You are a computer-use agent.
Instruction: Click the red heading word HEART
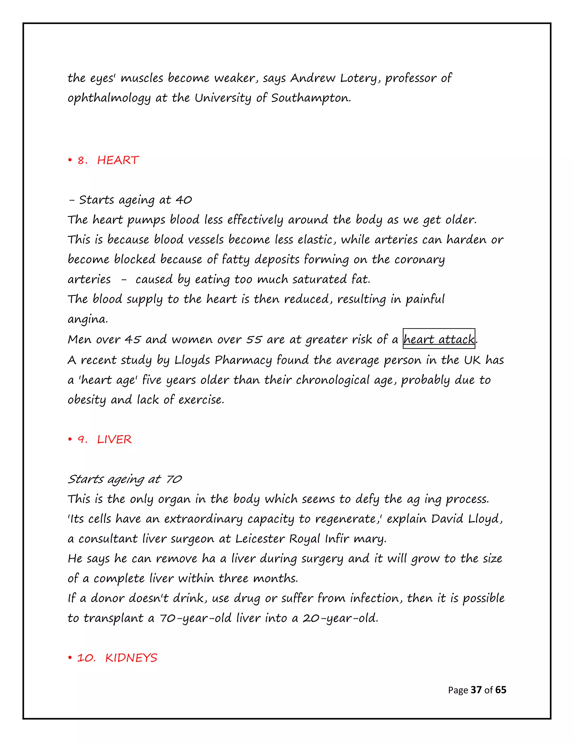point(118,160)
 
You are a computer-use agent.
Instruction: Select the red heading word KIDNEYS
point(131,658)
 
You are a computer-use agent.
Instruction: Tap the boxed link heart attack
point(439,339)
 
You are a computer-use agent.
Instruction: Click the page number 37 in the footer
point(476,690)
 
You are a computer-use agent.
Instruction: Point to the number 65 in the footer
point(501,690)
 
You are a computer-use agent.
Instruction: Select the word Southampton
point(311,98)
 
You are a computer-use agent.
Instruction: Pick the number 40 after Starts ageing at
point(184,200)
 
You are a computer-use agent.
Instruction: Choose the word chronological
point(332,380)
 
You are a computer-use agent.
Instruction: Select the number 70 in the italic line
point(174,479)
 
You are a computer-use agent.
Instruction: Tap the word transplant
point(113,618)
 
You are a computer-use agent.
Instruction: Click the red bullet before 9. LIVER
point(70,439)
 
